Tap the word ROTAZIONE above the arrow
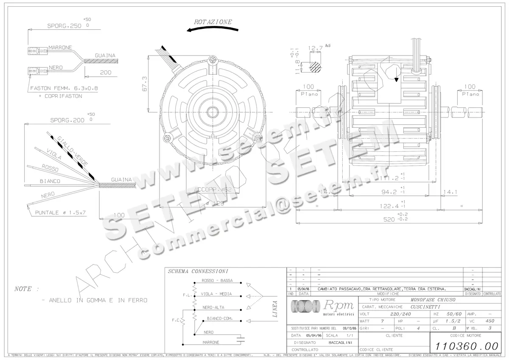[x=213, y=22]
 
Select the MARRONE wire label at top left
[x=60, y=47]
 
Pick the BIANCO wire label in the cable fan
[x=50, y=181]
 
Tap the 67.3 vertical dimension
[x=145, y=84]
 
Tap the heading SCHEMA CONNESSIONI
[x=198, y=271]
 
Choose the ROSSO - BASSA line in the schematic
[x=217, y=281]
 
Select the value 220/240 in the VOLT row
[x=400, y=314]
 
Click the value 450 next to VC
[x=490, y=321]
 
